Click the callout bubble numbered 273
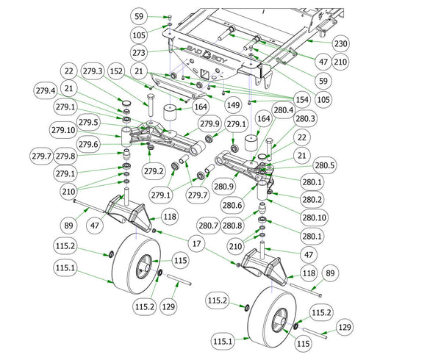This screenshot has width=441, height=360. (x=139, y=53)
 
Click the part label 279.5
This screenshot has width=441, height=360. (x=89, y=121)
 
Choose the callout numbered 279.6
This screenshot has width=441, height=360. (x=89, y=145)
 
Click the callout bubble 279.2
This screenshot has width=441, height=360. (x=154, y=171)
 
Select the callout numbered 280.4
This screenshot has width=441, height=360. (x=284, y=110)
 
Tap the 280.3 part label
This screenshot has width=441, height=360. (x=305, y=119)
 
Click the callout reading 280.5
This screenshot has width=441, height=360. (x=324, y=165)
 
